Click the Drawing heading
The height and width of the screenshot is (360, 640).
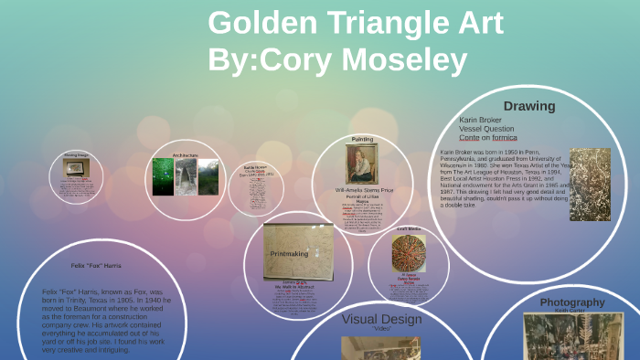click(x=528, y=106)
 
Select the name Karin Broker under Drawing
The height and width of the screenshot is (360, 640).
click(x=481, y=120)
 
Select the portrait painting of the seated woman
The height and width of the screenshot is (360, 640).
click(x=361, y=164)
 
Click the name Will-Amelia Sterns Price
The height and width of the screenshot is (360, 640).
click(x=362, y=191)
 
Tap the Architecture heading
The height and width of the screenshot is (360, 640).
click(x=186, y=156)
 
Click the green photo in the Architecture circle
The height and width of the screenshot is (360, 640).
click(x=164, y=176)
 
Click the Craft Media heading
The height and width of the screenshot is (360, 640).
click(x=408, y=228)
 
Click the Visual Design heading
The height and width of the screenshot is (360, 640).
click(x=381, y=319)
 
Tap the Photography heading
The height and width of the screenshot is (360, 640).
click(x=571, y=302)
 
